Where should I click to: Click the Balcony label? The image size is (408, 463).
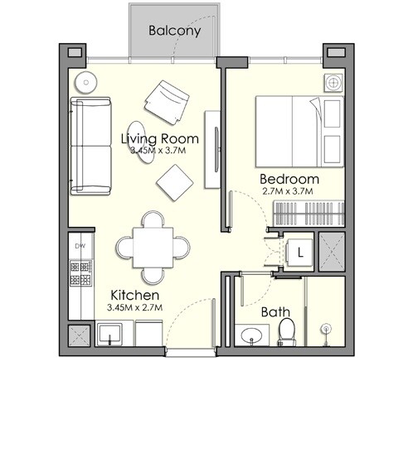[x=174, y=31]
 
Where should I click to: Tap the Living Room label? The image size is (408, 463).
[x=159, y=138]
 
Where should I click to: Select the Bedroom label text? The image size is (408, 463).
[x=289, y=179]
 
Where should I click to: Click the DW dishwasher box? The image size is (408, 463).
[x=80, y=246]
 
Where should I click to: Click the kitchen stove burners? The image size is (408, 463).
[x=80, y=273]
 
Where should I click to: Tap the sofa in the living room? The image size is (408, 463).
[x=89, y=145]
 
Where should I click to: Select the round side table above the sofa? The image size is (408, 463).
[x=84, y=83]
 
